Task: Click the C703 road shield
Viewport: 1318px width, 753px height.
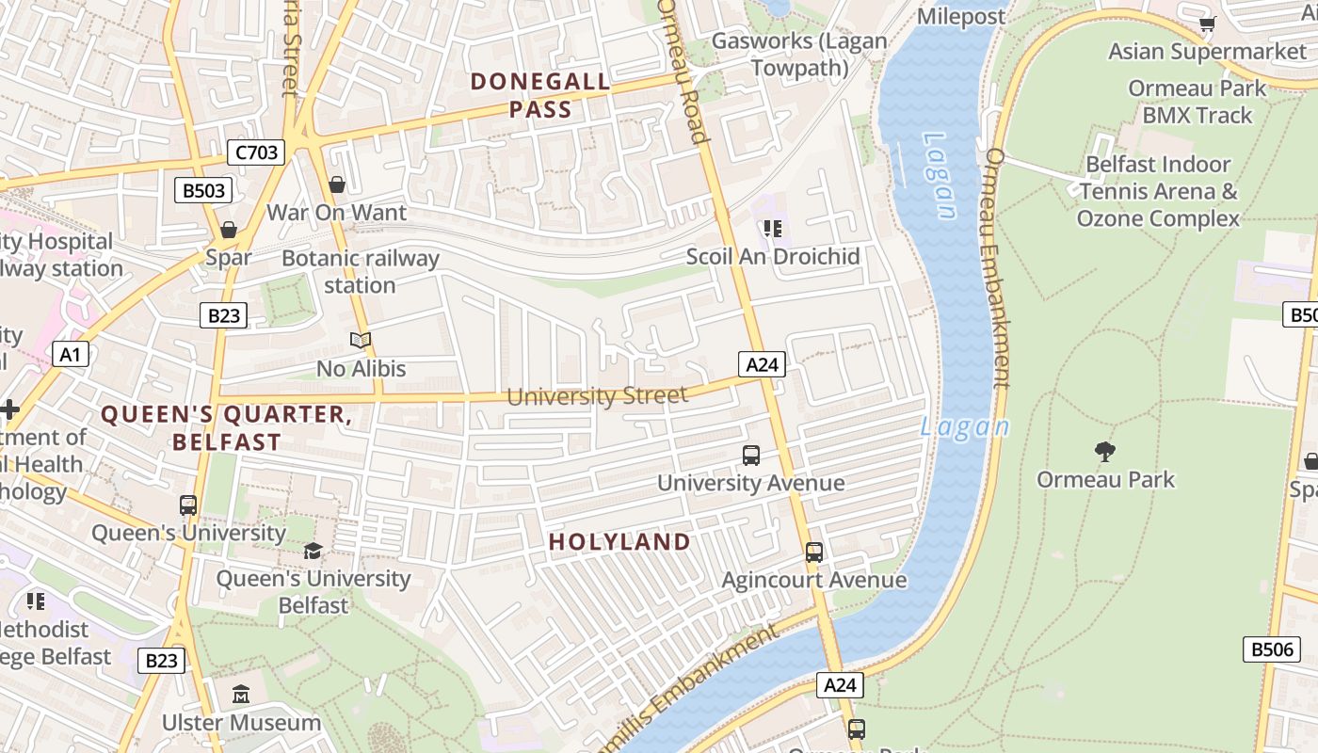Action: pos(256,152)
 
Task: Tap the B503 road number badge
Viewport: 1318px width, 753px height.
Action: pos(203,191)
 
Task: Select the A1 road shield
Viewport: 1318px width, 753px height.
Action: pos(71,355)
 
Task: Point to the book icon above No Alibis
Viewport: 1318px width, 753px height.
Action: pos(361,340)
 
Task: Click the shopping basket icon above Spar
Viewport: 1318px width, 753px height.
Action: pos(228,230)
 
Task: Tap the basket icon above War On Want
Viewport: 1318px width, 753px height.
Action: pos(336,184)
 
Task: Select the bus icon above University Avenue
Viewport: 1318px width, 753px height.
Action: pos(750,456)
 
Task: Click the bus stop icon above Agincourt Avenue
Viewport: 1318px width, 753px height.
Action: pos(814,553)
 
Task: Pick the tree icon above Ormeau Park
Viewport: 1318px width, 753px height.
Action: pos(1105,452)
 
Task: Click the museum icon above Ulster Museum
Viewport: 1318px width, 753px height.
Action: pos(241,695)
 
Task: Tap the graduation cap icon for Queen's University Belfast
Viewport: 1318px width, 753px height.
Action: pos(313,551)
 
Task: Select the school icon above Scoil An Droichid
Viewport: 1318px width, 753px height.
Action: pos(773,229)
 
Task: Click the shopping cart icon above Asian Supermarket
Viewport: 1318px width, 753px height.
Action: pos(1207,24)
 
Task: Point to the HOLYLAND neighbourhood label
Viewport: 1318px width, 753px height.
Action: pos(619,542)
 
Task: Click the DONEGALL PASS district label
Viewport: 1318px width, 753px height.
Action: pos(540,96)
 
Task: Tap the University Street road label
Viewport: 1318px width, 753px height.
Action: pos(597,395)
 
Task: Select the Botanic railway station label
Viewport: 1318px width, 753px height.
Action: pos(360,271)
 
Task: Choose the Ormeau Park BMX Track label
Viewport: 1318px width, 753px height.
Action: pos(1197,102)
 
